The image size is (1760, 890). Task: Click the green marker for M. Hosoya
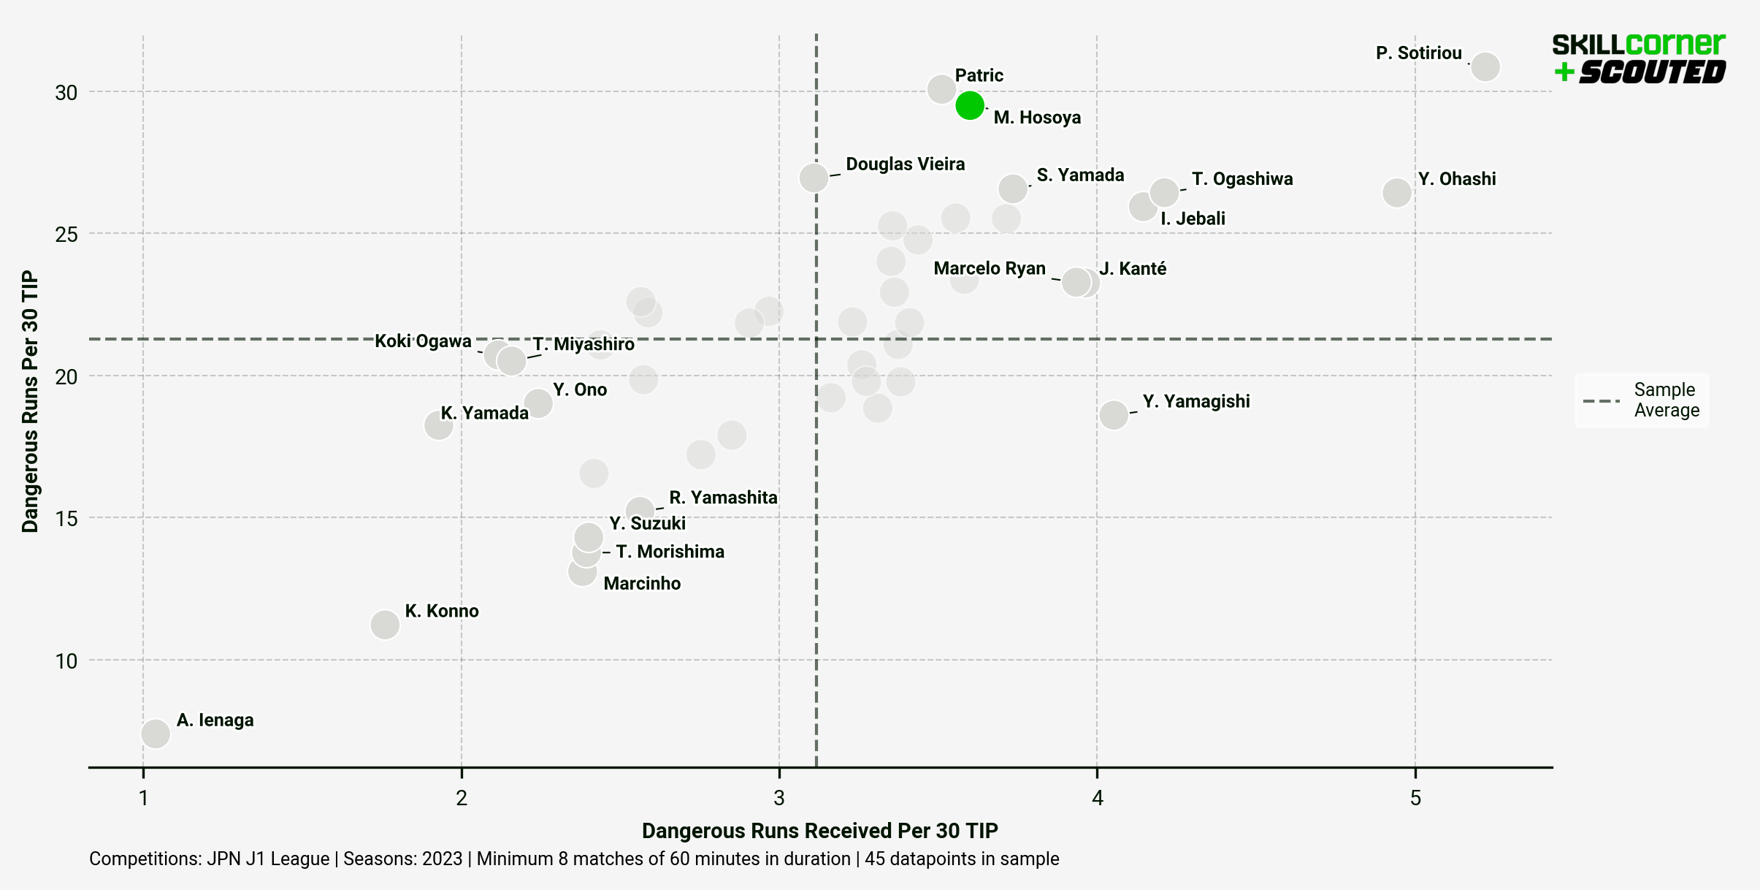pos(969,105)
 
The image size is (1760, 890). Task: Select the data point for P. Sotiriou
pos(1485,66)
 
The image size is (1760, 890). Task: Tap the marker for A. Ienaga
pos(156,733)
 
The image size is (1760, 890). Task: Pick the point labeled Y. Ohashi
pos(1396,193)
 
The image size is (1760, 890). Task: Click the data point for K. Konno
pos(385,624)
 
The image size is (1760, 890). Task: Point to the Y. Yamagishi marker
pos(1114,415)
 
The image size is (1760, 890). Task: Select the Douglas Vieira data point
pos(814,177)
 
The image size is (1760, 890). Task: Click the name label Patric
pos(979,75)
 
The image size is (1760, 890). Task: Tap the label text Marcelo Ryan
pos(989,268)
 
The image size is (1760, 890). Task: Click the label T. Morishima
pos(670,552)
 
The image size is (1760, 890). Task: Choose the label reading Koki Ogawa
pos(423,341)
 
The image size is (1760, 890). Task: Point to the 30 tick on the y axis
pos(66,93)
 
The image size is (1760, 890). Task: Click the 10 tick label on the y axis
pos(66,661)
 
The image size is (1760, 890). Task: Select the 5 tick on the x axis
pos(1415,798)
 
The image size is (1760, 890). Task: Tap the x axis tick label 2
pos(462,798)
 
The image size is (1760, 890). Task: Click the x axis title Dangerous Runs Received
pos(819,831)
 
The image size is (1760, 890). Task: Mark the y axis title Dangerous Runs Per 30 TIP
pos(29,401)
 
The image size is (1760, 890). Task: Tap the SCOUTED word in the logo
pos(1651,72)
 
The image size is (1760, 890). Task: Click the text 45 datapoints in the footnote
pos(961,859)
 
